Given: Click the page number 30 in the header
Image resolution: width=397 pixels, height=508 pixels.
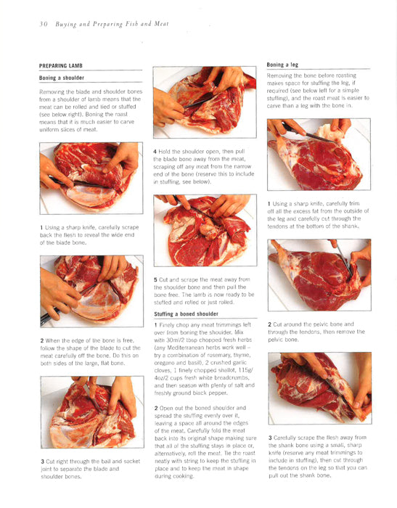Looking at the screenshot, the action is coord(44,24).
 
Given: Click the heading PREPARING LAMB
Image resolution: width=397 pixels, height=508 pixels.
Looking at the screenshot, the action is coord(61,66).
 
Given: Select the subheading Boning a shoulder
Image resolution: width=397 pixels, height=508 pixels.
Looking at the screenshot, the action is coord(62,78).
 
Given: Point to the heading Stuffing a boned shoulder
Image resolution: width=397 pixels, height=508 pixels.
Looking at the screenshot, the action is coord(186,314).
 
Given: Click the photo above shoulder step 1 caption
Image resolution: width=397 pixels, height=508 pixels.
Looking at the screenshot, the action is coord(91,179).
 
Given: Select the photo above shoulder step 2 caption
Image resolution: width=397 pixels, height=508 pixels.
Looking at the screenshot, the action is coord(91,291).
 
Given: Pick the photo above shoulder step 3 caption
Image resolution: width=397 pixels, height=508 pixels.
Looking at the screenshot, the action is coord(92,412).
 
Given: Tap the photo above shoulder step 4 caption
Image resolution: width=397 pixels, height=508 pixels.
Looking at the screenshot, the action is coord(205,102).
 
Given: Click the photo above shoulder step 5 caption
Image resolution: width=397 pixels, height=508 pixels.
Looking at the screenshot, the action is coord(205,230).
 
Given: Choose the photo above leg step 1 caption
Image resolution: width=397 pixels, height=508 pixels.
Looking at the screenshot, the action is coord(319,155).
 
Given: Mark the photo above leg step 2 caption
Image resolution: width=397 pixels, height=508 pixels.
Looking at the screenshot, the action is coord(319,275).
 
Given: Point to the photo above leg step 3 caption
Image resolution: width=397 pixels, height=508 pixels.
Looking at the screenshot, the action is coord(320,388).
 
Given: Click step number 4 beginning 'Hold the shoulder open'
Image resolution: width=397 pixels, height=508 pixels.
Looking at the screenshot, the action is coord(155,152).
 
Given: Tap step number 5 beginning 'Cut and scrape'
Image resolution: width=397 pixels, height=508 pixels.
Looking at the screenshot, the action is coord(155,279).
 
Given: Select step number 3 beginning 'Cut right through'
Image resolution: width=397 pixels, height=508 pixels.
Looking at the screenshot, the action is coord(42,462).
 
